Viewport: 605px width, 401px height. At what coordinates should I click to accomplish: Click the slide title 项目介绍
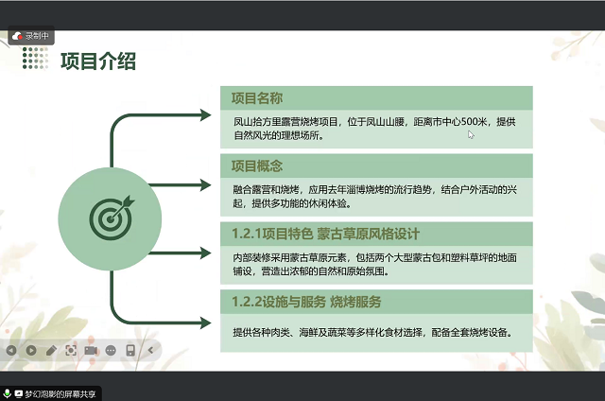pyautogui.click(x=98, y=61)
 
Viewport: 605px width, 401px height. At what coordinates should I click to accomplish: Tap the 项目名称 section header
pyautogui.click(x=257, y=98)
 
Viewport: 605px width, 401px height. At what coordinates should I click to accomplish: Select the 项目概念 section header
pyautogui.click(x=257, y=166)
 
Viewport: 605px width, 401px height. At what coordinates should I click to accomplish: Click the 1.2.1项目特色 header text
pyautogui.click(x=272, y=234)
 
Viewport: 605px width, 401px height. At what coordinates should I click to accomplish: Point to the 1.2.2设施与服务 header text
pyautogui.click(x=279, y=302)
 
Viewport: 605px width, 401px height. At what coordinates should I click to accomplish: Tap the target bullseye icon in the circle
pyautogui.click(x=112, y=218)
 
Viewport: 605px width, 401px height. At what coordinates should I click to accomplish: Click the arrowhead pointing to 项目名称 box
pyautogui.click(x=206, y=115)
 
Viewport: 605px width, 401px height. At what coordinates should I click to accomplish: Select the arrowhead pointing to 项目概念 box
pyautogui.click(x=206, y=184)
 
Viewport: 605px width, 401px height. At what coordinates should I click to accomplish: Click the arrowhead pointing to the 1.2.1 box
pyautogui.click(x=206, y=253)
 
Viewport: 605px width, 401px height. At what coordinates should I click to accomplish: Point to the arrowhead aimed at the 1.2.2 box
pyautogui.click(x=206, y=323)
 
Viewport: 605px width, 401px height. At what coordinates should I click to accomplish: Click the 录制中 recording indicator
pyautogui.click(x=31, y=36)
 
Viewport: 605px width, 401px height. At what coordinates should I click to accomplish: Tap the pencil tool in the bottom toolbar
pyautogui.click(x=51, y=351)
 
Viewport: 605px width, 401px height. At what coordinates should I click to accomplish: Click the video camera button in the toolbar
pyautogui.click(x=91, y=351)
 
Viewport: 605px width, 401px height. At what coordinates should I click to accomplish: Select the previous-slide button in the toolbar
pyautogui.click(x=11, y=351)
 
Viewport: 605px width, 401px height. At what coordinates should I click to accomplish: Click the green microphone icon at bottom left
pyautogui.click(x=7, y=393)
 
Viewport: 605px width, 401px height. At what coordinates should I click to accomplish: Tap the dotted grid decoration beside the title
pyautogui.click(x=36, y=59)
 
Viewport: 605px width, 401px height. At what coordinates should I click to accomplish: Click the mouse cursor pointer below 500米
pyautogui.click(x=471, y=134)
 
